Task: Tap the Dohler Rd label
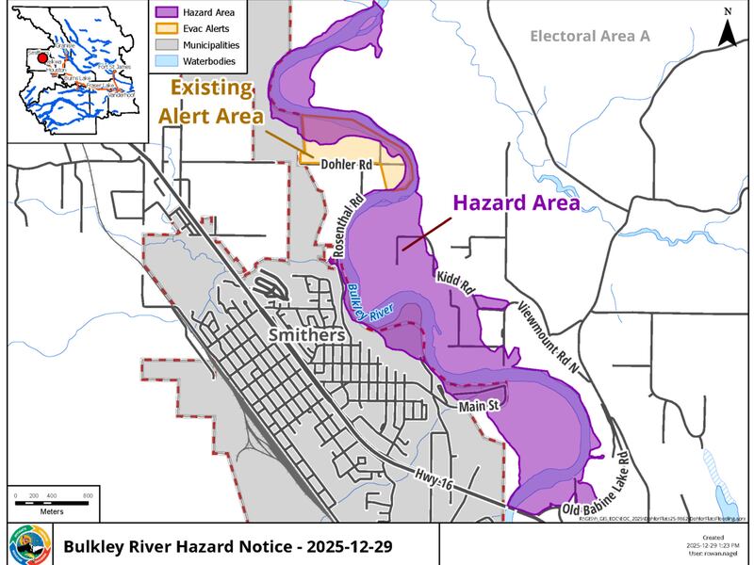click(348, 165)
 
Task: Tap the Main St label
click(479, 406)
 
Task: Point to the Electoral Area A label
click(592, 37)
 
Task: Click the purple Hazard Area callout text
click(516, 202)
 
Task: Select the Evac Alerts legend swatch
click(163, 27)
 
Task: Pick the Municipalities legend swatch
click(163, 44)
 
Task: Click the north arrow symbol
click(728, 29)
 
